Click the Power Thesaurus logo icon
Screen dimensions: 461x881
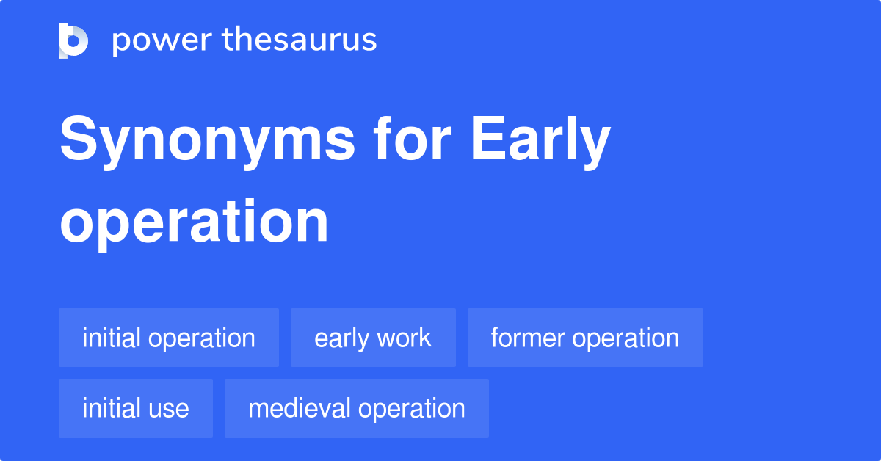click(73, 40)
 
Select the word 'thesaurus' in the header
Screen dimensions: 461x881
click(300, 40)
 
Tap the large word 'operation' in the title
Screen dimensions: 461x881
click(194, 221)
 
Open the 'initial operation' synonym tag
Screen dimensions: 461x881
click(169, 338)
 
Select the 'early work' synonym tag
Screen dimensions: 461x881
click(373, 338)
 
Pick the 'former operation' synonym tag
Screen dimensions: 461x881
click(585, 338)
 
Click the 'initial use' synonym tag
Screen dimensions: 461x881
click(136, 408)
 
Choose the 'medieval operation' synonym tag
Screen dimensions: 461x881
click(357, 408)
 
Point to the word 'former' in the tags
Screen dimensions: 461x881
click(529, 338)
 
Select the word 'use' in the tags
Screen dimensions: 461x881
click(169, 408)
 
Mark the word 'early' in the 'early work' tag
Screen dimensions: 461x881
click(341, 338)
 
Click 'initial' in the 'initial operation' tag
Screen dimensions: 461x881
click(112, 338)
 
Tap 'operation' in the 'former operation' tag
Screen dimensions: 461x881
click(626, 338)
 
